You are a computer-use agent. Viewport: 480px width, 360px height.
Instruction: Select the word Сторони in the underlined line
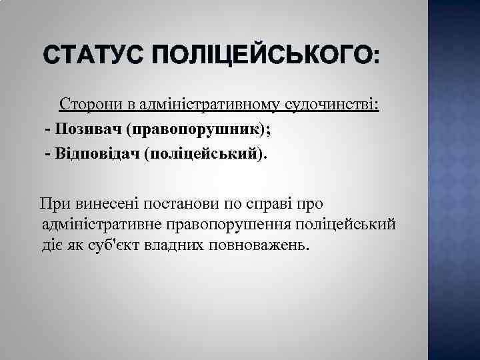(x=87, y=105)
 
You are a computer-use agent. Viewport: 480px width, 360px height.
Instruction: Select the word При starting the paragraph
(x=55, y=202)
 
